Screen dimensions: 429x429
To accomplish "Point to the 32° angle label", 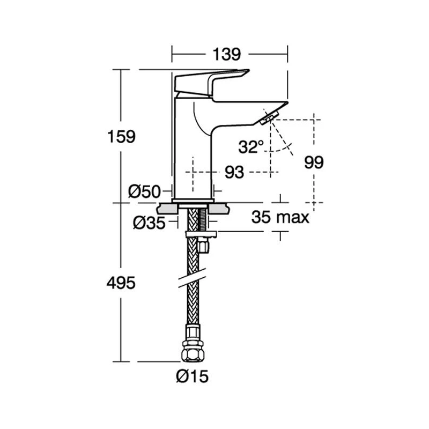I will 252,146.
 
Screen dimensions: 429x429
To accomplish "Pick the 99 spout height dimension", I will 313,162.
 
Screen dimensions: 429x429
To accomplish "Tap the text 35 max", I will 280,217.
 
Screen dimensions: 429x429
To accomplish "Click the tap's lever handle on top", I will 212,81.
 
